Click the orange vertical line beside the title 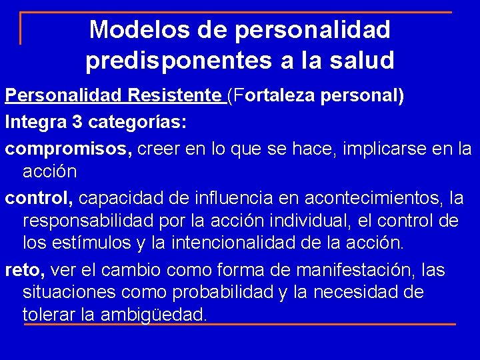tap(21, 29)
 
